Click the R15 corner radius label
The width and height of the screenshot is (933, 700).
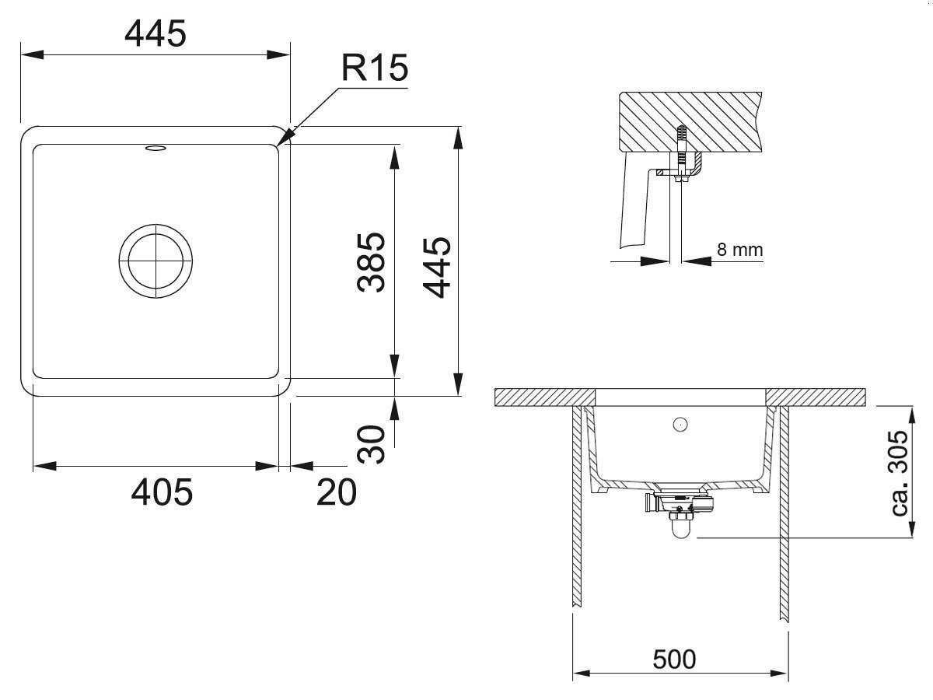click(375, 68)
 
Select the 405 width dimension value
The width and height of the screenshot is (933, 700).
click(162, 492)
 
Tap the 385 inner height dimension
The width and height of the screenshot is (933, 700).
click(371, 262)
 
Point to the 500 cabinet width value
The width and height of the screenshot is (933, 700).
click(674, 660)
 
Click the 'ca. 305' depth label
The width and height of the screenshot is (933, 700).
click(899, 474)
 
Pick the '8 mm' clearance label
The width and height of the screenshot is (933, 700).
click(740, 250)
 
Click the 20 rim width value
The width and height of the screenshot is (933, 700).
click(337, 492)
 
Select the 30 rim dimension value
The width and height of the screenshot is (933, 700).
click(371, 443)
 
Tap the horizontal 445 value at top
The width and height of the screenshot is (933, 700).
click(155, 33)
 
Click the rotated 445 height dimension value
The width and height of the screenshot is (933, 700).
click(436, 268)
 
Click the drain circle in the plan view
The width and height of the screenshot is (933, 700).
click(155, 261)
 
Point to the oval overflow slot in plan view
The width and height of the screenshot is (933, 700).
click(155, 148)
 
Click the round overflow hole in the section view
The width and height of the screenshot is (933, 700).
click(680, 424)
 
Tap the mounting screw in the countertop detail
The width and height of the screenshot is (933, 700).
click(681, 154)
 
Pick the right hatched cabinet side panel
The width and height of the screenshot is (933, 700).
click(784, 514)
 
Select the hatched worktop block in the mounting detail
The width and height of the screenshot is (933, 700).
click(690, 121)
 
